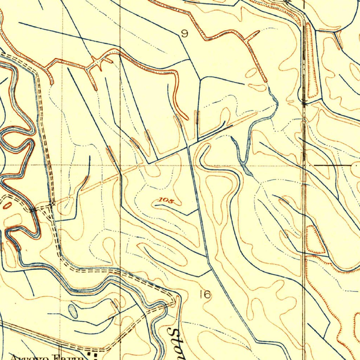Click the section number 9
point(184,34)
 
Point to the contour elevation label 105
point(166,200)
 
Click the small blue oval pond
point(73,311)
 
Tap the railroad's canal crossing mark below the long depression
point(304,103)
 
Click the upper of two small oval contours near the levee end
point(252,73)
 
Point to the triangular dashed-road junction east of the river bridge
point(51,206)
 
